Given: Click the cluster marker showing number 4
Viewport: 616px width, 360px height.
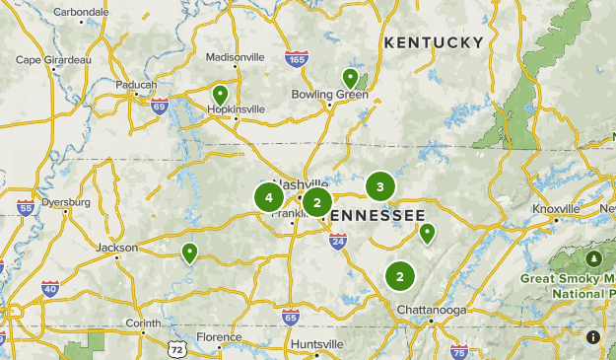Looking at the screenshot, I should [x=269, y=197].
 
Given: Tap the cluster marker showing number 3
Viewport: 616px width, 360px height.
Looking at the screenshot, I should [x=379, y=185].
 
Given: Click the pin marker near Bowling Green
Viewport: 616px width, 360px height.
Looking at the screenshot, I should [x=350, y=78].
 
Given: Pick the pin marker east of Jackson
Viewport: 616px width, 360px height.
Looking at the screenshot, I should [x=189, y=253].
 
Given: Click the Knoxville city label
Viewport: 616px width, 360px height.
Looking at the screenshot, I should [x=556, y=209].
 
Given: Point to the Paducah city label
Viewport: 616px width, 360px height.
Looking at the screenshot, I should [x=136, y=85].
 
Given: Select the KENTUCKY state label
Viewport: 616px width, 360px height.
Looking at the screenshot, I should [x=434, y=42].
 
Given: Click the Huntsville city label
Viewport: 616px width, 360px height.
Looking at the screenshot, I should [x=317, y=343].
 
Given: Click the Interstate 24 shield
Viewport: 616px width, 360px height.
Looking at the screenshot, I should [x=338, y=240].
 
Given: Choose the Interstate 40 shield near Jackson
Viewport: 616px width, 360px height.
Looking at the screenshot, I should [x=49, y=288].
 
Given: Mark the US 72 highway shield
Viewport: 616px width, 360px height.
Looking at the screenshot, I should [x=176, y=350].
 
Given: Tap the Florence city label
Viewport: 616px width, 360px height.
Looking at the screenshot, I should [x=219, y=337].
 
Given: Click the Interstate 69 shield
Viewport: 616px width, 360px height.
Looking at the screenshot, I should [x=160, y=105].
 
